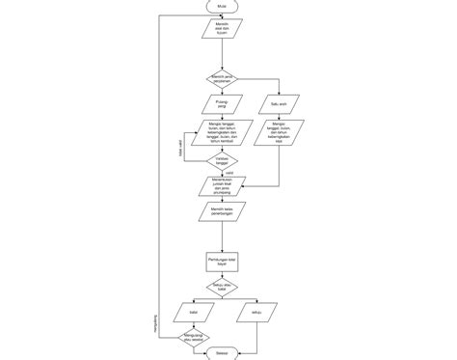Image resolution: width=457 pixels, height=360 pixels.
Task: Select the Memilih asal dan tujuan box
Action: point(223,30)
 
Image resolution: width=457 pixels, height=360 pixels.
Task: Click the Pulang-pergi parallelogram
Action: point(223,102)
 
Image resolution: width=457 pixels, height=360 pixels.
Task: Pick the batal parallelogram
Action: point(194,312)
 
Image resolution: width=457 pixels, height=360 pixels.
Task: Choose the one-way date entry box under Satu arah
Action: point(280,132)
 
